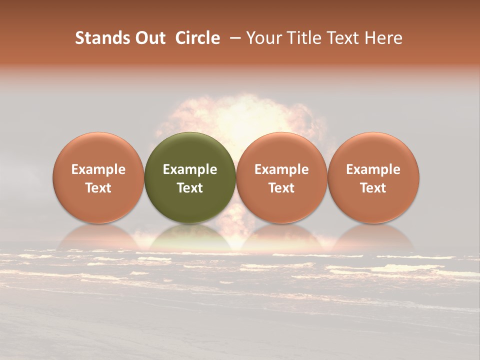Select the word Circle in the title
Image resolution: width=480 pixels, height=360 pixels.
tap(197, 38)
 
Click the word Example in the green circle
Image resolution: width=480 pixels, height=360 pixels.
tap(190, 169)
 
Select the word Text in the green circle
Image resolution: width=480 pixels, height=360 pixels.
tap(190, 188)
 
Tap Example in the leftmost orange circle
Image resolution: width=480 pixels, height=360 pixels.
tap(98, 169)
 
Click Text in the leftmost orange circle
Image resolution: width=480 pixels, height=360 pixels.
tap(98, 188)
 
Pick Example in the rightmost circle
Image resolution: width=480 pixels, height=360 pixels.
tap(373, 169)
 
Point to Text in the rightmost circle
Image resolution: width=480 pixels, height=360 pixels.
tap(373, 188)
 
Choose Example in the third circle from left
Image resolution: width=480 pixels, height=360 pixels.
tap(281, 169)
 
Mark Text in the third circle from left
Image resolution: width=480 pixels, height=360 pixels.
tap(281, 188)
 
